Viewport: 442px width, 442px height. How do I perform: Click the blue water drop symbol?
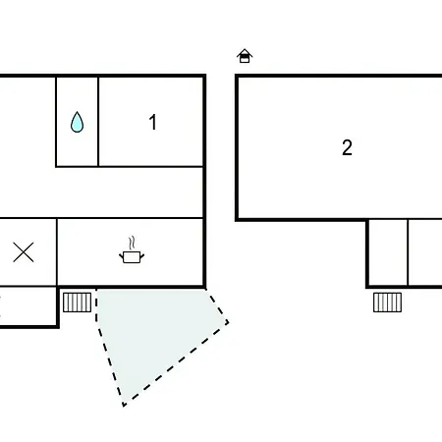click(77, 122)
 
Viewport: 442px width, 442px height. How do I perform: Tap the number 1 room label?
click(152, 122)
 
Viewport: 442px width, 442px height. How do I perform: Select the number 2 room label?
click(347, 147)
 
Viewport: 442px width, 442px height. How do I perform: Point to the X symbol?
click(24, 252)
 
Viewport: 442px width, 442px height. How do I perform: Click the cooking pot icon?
click(132, 257)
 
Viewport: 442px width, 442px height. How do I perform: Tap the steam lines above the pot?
click(132, 243)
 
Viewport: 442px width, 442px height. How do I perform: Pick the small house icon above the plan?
click(245, 56)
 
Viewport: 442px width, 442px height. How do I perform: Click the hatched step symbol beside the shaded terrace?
click(77, 303)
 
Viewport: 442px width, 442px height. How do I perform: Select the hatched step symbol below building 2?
click(387, 303)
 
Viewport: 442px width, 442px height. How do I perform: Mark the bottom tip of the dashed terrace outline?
click(124, 406)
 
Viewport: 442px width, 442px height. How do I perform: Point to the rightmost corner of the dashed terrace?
click(228, 323)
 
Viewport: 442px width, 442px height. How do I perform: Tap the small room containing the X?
click(28, 252)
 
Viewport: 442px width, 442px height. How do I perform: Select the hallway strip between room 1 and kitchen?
click(101, 193)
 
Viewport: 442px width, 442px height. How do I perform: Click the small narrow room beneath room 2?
click(388, 252)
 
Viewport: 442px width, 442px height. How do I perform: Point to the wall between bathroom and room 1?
click(98, 122)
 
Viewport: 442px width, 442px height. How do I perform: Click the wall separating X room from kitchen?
click(57, 252)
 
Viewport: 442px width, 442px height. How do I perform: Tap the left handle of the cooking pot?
click(121, 255)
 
